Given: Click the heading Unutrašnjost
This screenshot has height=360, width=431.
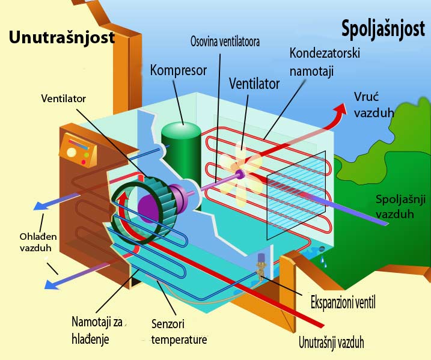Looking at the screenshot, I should (61, 37).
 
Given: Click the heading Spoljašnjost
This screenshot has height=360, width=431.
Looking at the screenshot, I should (382, 28).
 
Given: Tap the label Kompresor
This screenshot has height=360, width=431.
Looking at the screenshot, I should (178, 70).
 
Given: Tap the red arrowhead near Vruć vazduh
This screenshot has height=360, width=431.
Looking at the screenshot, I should (341, 110).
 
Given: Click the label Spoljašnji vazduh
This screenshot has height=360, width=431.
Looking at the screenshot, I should (397, 206).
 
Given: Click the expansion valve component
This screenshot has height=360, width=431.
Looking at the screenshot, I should (262, 265).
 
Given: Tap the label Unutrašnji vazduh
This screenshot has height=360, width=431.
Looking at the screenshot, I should (331, 343).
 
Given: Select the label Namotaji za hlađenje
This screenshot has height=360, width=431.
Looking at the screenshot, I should (97, 329).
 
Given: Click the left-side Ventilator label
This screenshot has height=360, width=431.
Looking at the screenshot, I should (64, 98).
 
